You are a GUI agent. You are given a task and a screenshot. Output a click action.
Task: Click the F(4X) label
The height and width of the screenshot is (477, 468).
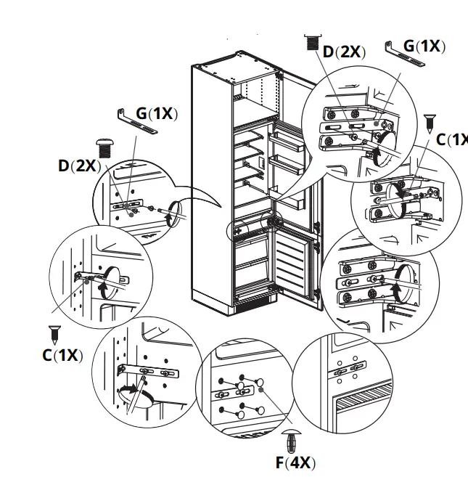295,462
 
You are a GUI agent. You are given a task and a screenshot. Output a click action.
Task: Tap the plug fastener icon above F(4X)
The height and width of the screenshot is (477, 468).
292,439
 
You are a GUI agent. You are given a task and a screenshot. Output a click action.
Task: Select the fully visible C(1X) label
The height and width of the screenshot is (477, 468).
62,355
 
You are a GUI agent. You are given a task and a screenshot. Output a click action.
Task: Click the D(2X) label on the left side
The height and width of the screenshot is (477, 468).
78,166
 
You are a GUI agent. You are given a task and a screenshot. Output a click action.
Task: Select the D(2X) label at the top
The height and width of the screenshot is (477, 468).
344,52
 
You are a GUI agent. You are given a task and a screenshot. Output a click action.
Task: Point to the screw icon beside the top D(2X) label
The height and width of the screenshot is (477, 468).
313,41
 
